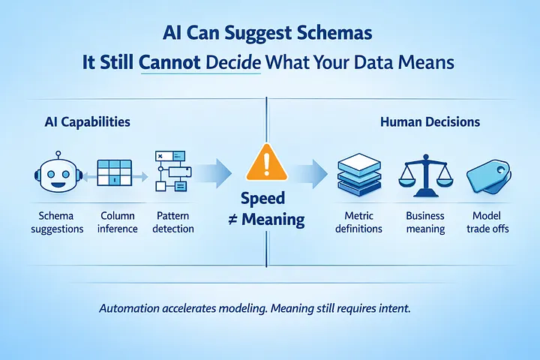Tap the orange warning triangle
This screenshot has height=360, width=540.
click(x=264, y=161)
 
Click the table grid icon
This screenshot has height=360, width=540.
click(x=115, y=174)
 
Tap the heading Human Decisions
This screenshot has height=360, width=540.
click(x=430, y=121)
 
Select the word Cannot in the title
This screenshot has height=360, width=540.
click(x=170, y=62)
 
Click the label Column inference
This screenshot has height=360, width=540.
click(x=117, y=222)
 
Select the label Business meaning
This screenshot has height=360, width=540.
click(x=425, y=222)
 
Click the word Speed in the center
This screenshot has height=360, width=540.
click(x=264, y=198)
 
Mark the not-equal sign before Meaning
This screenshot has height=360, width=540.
click(x=232, y=220)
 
